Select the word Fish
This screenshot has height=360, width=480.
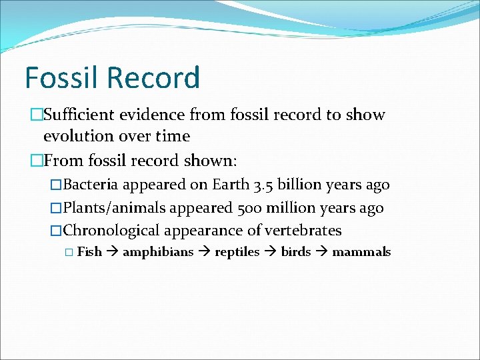(89, 252)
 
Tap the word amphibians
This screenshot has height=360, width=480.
(158, 252)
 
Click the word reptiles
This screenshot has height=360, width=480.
(237, 252)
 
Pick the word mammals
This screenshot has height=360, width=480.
(361, 252)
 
